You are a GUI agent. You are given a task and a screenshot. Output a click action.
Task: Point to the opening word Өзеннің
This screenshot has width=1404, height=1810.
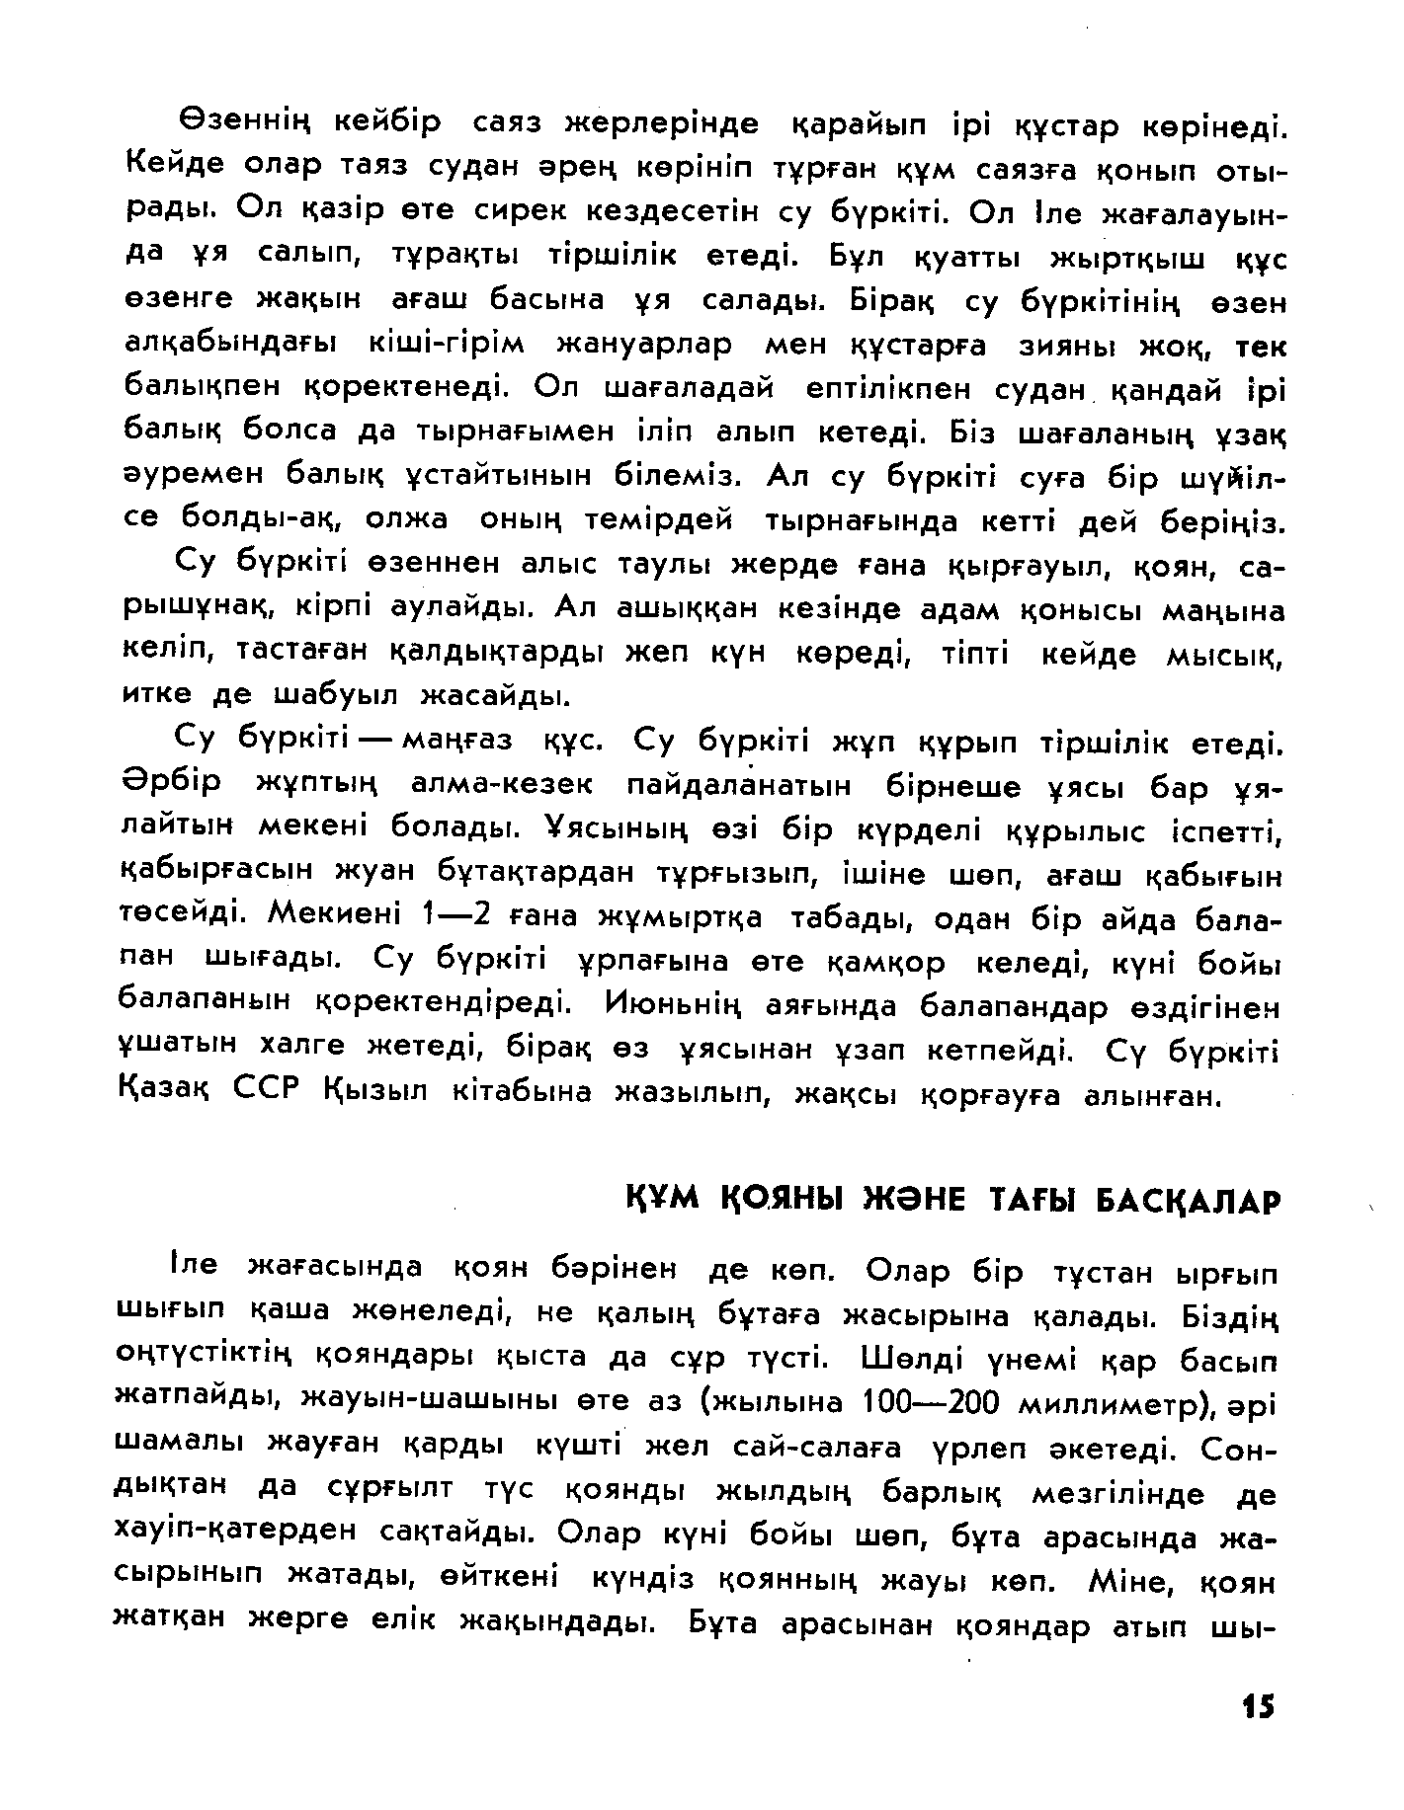245,125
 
